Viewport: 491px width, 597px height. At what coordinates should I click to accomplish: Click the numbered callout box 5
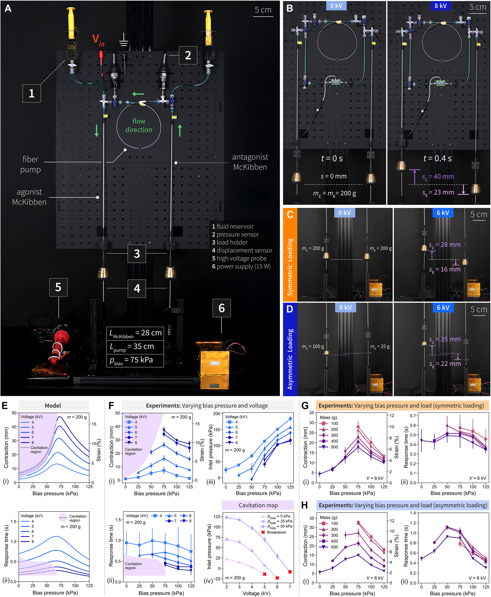(x=58, y=287)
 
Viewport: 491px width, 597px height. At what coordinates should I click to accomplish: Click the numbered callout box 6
(x=221, y=308)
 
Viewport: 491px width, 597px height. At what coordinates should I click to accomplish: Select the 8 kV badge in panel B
(x=440, y=6)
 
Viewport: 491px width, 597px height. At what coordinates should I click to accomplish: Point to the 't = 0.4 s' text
(x=437, y=158)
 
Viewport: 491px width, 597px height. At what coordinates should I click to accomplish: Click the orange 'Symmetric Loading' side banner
(x=290, y=254)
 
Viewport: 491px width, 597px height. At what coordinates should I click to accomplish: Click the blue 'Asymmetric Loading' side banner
(x=290, y=349)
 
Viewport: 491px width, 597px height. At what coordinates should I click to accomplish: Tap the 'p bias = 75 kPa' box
(x=135, y=360)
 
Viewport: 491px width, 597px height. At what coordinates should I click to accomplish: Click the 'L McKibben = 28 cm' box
(x=135, y=334)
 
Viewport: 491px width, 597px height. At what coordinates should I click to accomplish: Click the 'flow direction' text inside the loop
(x=139, y=125)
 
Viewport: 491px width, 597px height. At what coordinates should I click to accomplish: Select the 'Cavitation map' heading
(x=258, y=505)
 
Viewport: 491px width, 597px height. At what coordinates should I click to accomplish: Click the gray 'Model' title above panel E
(x=53, y=406)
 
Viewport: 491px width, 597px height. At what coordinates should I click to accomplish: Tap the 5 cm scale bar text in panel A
(x=263, y=10)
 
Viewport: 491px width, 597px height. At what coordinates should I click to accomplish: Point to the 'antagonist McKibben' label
(x=250, y=162)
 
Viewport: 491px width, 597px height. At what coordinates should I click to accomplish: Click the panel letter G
(x=305, y=406)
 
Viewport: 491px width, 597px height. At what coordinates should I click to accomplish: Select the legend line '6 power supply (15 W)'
(x=241, y=266)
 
